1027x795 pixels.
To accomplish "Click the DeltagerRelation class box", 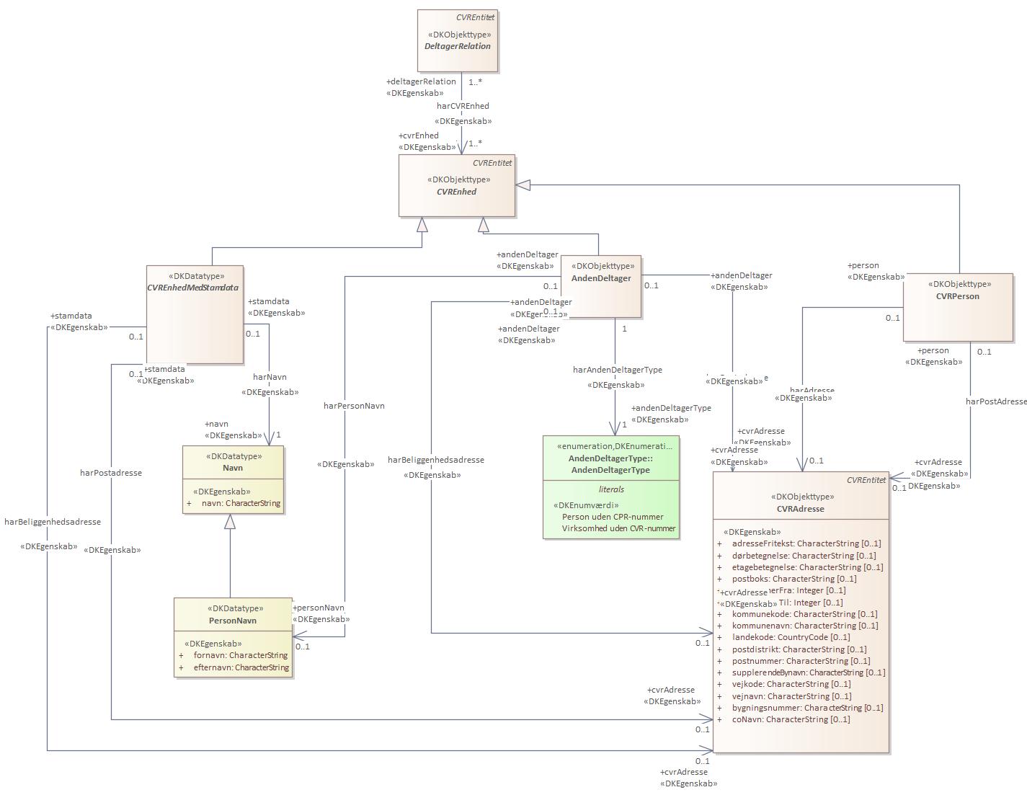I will [458, 41].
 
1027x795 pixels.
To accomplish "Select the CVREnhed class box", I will [457, 186].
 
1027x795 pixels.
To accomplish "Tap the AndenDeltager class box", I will [601, 286].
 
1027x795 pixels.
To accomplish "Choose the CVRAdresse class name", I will [800, 509].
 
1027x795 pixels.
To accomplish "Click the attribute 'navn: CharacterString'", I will [241, 503].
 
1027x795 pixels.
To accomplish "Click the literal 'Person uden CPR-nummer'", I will [613, 517].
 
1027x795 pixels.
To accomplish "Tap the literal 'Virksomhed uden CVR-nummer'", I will [618, 528].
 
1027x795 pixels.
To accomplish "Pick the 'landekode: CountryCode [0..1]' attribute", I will [791, 637].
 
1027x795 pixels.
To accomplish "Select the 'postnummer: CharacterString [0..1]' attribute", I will [801, 661].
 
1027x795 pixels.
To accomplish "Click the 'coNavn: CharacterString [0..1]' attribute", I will [791, 719].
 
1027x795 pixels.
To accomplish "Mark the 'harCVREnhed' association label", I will [463, 106].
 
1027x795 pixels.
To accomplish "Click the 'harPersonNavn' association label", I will [354, 406].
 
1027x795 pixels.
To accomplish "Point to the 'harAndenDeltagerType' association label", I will [617, 370].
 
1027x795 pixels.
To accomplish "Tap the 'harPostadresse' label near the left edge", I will [111, 473].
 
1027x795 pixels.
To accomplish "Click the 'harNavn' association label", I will [270, 377].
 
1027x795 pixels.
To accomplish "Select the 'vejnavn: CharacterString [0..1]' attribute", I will [791, 696].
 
